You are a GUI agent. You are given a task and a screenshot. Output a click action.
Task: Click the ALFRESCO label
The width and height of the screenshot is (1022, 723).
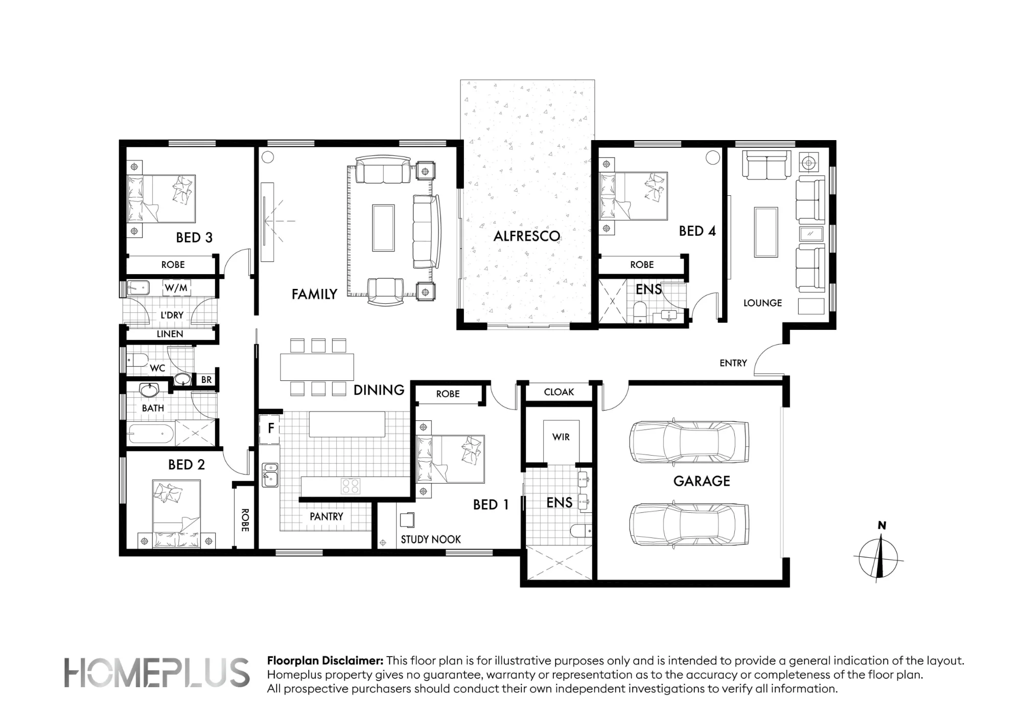(x=527, y=236)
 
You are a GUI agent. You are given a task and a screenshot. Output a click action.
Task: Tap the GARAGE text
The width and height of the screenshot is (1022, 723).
(x=702, y=481)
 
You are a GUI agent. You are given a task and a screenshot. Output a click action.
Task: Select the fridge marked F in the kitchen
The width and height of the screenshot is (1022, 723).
(x=270, y=427)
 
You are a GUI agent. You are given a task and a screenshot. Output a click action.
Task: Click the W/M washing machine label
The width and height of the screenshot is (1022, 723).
(x=176, y=288)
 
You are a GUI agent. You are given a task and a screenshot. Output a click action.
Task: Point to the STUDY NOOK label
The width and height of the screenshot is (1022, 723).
(x=431, y=539)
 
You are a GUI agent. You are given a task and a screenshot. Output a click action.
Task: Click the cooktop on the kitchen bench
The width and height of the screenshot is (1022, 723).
(x=351, y=486)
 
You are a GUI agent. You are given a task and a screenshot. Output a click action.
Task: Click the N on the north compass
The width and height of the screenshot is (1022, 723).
(x=881, y=526)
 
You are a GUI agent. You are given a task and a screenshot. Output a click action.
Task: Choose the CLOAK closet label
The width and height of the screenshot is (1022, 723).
(x=559, y=392)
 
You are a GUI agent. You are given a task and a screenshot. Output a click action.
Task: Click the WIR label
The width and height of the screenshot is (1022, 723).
(x=561, y=437)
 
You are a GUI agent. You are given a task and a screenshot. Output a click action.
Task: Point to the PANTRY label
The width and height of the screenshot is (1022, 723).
(x=327, y=516)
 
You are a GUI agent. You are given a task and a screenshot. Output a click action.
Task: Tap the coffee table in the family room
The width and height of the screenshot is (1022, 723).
(x=383, y=228)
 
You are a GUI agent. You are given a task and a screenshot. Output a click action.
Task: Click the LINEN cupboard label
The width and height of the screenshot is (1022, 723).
(x=170, y=334)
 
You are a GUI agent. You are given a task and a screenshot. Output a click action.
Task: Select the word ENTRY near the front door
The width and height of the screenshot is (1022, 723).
(x=733, y=363)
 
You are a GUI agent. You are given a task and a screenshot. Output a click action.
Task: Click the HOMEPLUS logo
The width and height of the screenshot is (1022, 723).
(x=157, y=672)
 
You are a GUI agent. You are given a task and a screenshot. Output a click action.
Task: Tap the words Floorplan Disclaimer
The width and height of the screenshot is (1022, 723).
(x=325, y=661)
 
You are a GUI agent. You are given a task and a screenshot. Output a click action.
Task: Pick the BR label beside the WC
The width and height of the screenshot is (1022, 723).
(x=206, y=380)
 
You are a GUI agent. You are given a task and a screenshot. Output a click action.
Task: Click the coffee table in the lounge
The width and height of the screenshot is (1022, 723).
(x=766, y=232)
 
